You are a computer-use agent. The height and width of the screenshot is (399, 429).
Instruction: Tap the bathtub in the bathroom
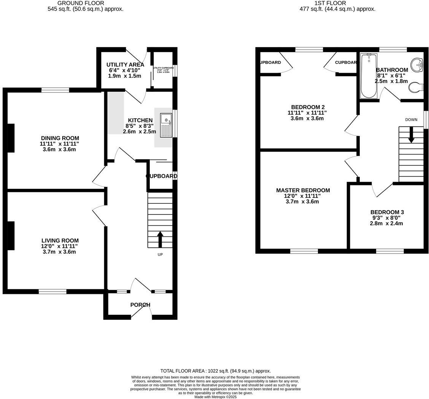pyautogui.click(x=369, y=76)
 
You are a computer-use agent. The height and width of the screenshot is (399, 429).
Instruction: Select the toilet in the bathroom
pyautogui.click(x=416, y=88)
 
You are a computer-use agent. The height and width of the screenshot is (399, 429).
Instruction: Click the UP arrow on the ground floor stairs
pyautogui.click(x=160, y=239)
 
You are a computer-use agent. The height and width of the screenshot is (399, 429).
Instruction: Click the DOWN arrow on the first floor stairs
pyautogui.click(x=411, y=135)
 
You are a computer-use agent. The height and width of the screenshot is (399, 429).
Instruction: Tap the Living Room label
pyautogui.click(x=60, y=241)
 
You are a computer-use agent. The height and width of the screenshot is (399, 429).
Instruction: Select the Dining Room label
pyautogui.click(x=60, y=138)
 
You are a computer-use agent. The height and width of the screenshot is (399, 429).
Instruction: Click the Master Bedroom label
pyautogui.click(x=303, y=190)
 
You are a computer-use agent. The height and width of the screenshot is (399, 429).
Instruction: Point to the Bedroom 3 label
pyautogui.click(x=387, y=212)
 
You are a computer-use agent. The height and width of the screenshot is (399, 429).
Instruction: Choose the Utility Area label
pyautogui.click(x=125, y=65)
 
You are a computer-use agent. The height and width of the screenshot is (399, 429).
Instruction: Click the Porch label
pyautogui.click(x=140, y=305)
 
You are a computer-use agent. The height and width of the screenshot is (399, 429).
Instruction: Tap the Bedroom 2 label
pyautogui.click(x=308, y=107)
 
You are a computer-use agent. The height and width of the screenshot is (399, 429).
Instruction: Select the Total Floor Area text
pyautogui.click(x=215, y=371)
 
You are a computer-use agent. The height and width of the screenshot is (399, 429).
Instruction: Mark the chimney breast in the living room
pyautogui.click(x=11, y=236)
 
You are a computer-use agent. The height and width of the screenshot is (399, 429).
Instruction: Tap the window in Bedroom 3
pyautogui.click(x=390, y=251)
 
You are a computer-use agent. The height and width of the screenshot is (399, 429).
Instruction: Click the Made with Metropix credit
pyautogui.click(x=215, y=397)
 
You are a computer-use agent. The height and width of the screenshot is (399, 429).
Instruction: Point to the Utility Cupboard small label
pyautogui.click(x=163, y=68)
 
